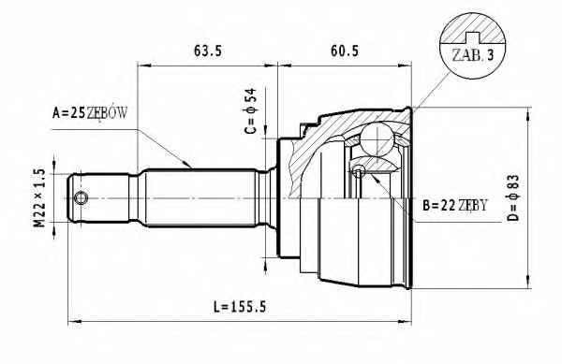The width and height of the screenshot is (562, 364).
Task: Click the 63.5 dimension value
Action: tap(208, 51)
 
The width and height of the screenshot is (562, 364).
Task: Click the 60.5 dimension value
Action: tap(345, 51)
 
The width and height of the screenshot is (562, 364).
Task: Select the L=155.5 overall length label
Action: tap(240, 307)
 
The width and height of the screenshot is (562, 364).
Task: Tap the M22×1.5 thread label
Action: tap(40, 198)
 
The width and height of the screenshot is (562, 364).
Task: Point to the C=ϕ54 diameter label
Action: tap(251, 111)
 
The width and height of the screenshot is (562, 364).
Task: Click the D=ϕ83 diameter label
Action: tap(513, 197)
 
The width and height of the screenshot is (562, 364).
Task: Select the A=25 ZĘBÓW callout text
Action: tap(90, 113)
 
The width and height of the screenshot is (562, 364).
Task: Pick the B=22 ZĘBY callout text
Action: tap(455, 206)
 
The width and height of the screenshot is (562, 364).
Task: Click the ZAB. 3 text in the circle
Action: tap(473, 55)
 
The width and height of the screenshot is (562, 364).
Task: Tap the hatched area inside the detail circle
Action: tap(472, 28)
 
